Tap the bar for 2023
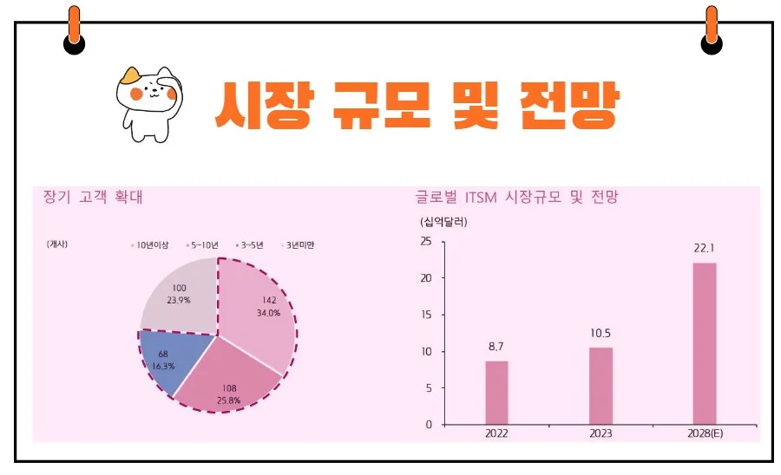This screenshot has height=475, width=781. tap(601, 386)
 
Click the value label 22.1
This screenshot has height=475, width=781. tap(704, 248)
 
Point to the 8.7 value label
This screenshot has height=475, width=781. tap(496, 347)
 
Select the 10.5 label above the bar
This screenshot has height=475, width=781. tap(601, 333)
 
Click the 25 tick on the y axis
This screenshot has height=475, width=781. tap(425, 242)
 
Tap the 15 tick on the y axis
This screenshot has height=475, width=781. tap(425, 316)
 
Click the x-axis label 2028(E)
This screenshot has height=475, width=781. tap(704, 433)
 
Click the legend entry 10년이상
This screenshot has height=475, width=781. tap(154, 245)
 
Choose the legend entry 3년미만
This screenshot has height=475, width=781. tap(297, 245)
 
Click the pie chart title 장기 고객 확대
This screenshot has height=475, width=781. tap(93, 197)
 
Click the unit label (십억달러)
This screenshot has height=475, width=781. tap(443, 222)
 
